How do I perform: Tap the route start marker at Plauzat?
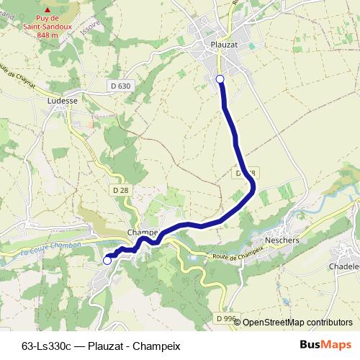(220, 79)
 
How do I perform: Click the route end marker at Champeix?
(107, 261)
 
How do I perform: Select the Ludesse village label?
(62, 102)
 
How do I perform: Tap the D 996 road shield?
(226, 318)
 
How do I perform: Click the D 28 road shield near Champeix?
(120, 190)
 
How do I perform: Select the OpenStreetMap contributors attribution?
(297, 323)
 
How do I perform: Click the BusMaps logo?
(325, 345)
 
